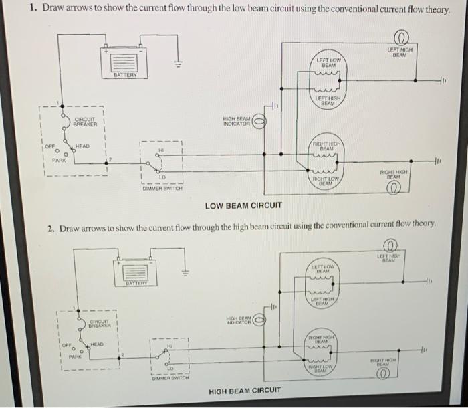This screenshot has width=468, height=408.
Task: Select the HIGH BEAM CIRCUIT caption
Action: click(x=245, y=390)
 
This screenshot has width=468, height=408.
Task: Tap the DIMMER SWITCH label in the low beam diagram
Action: click(x=161, y=189)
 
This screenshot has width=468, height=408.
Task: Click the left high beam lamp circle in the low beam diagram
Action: click(x=402, y=37)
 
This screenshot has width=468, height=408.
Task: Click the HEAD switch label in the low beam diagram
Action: click(x=83, y=146)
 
